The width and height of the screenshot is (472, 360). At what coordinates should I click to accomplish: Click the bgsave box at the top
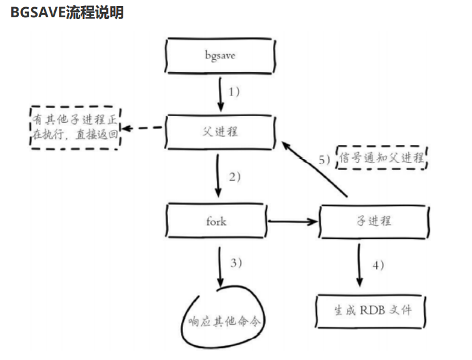point(220,55)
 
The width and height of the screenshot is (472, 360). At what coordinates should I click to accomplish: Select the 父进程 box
point(220,132)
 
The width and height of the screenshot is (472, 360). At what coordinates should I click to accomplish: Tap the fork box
point(216,221)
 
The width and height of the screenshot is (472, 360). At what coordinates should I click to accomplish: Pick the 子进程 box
point(374,222)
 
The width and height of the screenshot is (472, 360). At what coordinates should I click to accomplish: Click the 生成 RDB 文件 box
point(371,311)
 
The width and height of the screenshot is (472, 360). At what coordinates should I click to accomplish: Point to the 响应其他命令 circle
point(223,317)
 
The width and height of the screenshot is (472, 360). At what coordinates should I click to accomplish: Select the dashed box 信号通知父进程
point(381,157)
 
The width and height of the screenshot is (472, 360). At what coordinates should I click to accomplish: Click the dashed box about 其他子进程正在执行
point(75,128)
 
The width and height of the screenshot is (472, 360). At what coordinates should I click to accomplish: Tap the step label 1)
point(234,92)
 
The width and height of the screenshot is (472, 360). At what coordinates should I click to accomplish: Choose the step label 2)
point(235,176)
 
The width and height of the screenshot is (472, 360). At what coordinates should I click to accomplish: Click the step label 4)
point(378,265)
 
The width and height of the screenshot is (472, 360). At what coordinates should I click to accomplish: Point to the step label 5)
point(324,160)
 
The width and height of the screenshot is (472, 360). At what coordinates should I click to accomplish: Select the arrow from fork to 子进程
point(293,222)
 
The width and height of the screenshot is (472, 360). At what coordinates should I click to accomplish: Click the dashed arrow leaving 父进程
point(142,128)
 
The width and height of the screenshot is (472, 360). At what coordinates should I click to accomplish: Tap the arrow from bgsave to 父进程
point(221,94)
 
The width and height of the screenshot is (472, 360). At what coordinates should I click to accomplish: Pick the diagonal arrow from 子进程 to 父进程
point(314,169)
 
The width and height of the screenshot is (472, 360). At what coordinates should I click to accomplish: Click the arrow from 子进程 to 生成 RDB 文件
point(359,265)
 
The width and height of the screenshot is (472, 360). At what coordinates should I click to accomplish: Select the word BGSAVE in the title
point(38,13)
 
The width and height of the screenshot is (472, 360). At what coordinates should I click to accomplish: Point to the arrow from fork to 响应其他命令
point(220,267)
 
